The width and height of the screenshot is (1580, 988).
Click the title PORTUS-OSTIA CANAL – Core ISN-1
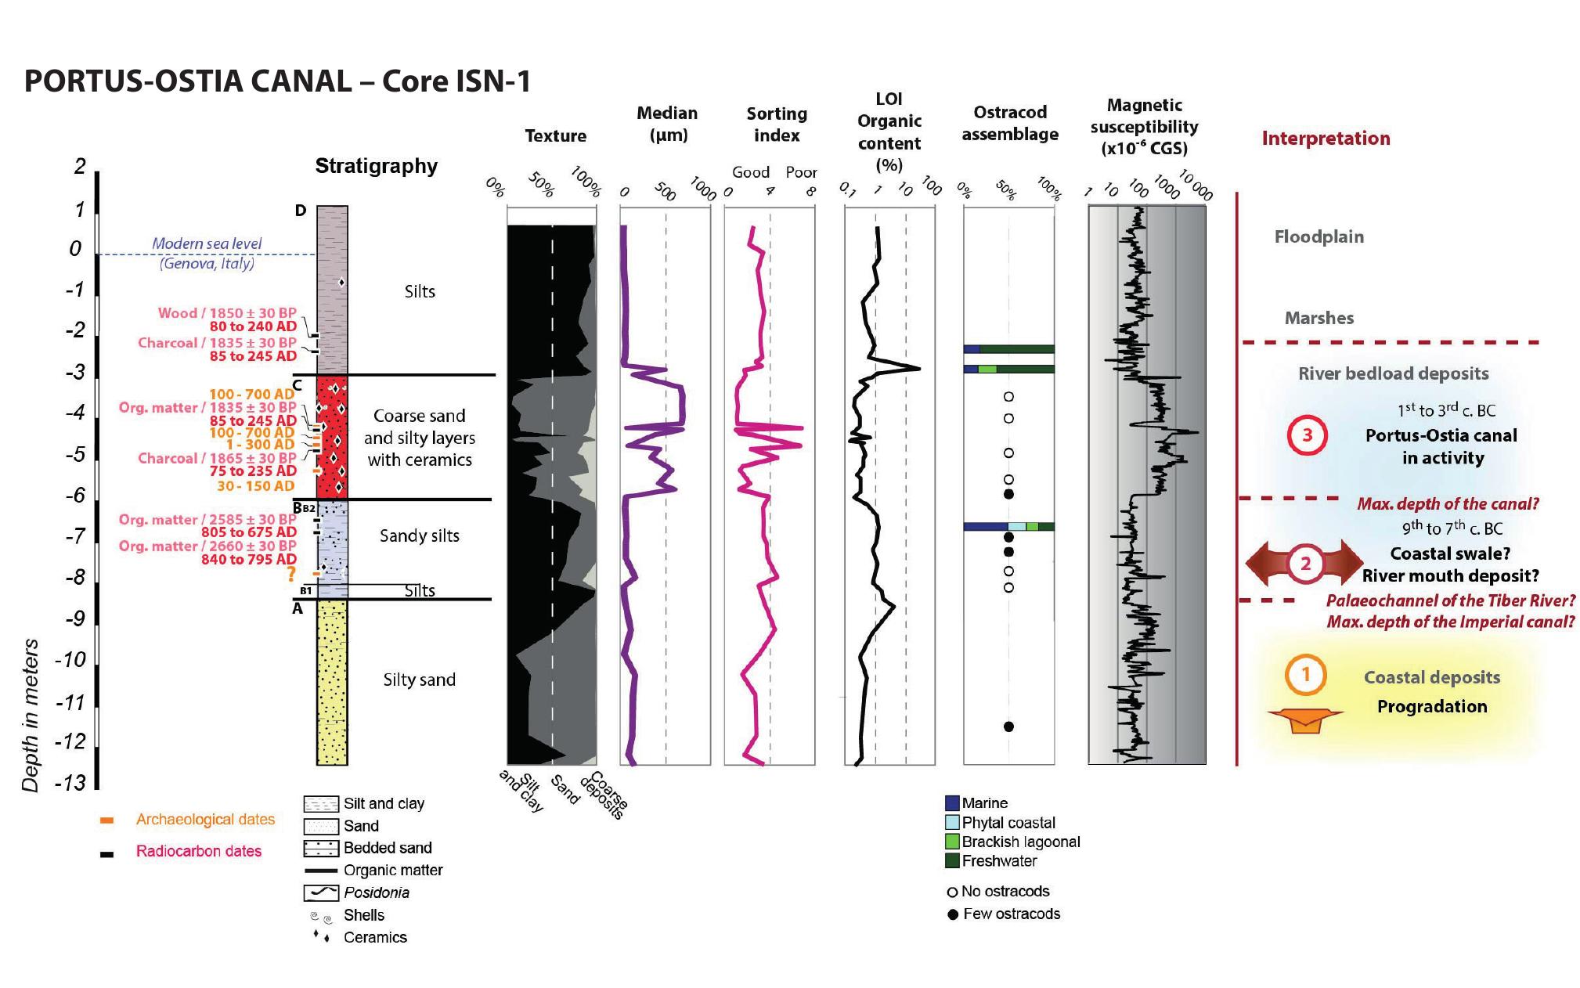coord(277,81)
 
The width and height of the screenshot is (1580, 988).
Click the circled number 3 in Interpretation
coord(1307,435)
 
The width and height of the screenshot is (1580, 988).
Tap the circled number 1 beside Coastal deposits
coord(1305,674)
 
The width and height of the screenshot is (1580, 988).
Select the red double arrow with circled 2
coord(1305,564)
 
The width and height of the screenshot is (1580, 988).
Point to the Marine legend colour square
coord(952,802)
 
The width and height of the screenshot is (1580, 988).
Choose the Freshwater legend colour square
coord(952,860)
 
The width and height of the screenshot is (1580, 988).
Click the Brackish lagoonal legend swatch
coord(952,842)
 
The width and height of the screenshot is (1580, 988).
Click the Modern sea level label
coord(207,243)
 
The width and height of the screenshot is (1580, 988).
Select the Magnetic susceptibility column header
coord(1144,127)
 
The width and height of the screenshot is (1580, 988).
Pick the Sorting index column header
coord(776,124)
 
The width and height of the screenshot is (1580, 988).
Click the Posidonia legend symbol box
coord(320,892)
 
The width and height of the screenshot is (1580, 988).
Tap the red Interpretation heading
coord(1326,139)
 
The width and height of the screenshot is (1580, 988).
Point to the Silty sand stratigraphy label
coord(419,680)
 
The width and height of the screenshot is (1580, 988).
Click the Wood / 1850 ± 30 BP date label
coord(227,313)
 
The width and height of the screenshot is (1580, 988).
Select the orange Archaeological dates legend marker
coord(107,820)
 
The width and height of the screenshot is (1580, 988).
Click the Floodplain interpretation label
coord(1318,236)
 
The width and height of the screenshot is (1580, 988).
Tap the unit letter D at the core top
coord(301,211)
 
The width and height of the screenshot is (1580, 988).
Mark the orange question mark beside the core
coord(291,574)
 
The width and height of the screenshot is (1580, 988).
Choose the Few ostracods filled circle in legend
coord(953,914)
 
